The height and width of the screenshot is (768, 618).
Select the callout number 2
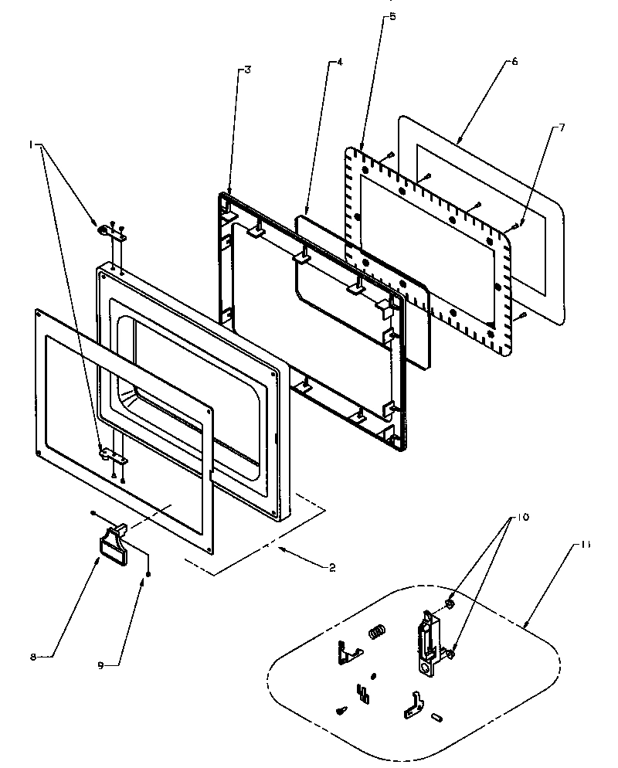pos(331,568)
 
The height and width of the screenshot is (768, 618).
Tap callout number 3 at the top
pos(247,70)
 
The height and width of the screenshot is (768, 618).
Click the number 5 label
pos(392,16)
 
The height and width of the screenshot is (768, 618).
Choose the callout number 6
pos(514,62)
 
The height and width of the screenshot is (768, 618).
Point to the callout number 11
pos(585,545)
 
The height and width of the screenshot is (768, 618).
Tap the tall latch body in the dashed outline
pos(427,641)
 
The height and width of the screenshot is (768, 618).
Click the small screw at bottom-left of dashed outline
pos(342,710)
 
